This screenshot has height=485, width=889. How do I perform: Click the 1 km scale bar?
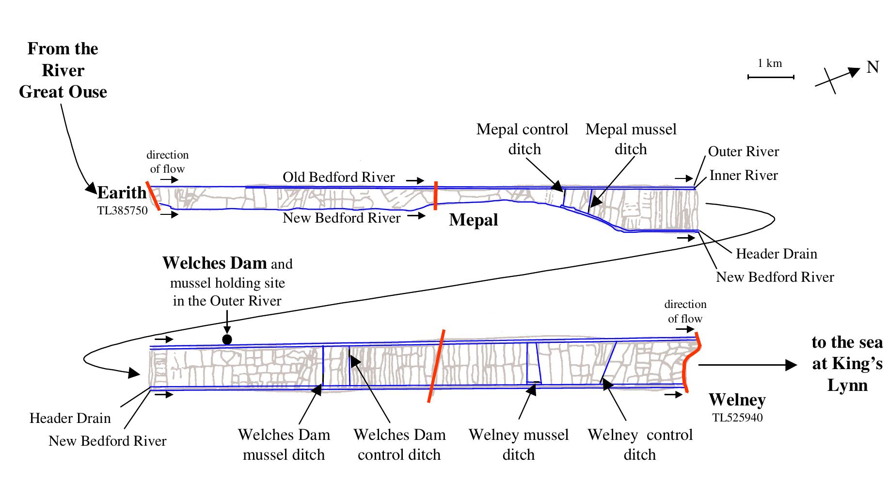pyautogui.click(x=771, y=77)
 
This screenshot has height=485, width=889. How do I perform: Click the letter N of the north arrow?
pyautogui.click(x=873, y=67)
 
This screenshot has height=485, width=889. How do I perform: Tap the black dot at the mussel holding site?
pyautogui.click(x=227, y=339)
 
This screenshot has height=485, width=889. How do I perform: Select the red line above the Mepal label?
pyautogui.click(x=435, y=195)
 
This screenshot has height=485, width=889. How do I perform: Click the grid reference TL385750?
pyautogui.click(x=122, y=210)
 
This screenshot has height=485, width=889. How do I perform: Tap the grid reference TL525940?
pyautogui.click(x=737, y=418)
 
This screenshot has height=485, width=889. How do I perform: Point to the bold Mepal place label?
pyautogui.click(x=473, y=220)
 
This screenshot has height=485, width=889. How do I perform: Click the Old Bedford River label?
pyautogui.click(x=338, y=178)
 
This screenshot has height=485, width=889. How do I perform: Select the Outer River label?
pyautogui.click(x=743, y=152)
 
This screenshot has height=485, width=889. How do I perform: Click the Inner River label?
pyautogui.click(x=743, y=176)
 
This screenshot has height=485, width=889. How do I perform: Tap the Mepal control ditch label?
pyautogui.click(x=523, y=139)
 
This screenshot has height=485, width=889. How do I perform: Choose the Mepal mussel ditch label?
pyautogui.click(x=631, y=139)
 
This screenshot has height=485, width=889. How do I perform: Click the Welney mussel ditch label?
pyautogui.click(x=519, y=445)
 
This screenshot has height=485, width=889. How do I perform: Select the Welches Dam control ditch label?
pyautogui.click(x=399, y=445)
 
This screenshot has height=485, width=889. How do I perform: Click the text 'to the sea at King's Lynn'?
pyautogui.click(x=847, y=364)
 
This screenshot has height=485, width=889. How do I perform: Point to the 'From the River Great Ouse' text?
pyautogui.click(x=63, y=70)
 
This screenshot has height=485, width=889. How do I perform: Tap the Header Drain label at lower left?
pyautogui.click(x=70, y=418)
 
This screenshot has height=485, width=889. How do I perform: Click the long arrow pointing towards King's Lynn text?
pyautogui.click(x=746, y=365)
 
